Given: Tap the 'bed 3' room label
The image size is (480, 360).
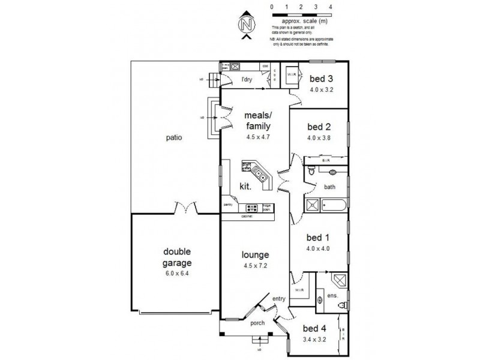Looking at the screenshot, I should point(321,79).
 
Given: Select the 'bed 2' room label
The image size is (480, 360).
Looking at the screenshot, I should point(319,127).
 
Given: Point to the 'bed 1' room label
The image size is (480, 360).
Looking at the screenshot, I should point(319,236).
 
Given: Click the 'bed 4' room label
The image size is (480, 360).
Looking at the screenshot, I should point(314,328).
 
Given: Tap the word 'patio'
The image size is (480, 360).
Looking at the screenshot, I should point(175,137).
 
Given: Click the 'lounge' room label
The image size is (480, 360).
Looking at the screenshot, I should point(256,254).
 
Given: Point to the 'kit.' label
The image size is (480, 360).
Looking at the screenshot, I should point(245,187).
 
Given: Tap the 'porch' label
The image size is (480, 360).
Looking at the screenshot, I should point(257,323).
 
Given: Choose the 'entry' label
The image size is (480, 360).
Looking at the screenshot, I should point(279,299).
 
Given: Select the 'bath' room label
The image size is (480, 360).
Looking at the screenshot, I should point(330,187).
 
